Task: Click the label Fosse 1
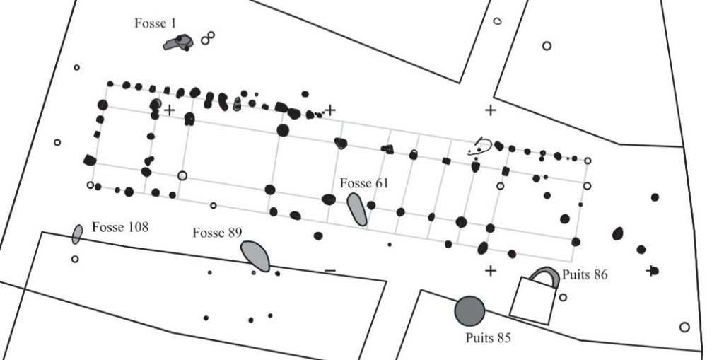coord(155,23)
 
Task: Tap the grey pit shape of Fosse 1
coord(177,43)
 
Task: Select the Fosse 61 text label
coord(364,184)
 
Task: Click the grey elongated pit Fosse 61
coord(357,209)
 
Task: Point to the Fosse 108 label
coord(119,228)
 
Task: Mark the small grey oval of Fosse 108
coord(77,233)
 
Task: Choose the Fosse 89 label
coord(218,233)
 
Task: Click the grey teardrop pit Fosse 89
coord(255,255)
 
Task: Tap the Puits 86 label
coord(585,274)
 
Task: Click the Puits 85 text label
coord(488,337)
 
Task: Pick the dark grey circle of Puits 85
coord(469,310)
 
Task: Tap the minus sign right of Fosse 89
coord(329,271)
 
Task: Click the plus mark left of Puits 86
coord(491,271)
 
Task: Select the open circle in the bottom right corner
coord(684,327)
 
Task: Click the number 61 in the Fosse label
coord(382,184)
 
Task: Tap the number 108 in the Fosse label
coord(138,228)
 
